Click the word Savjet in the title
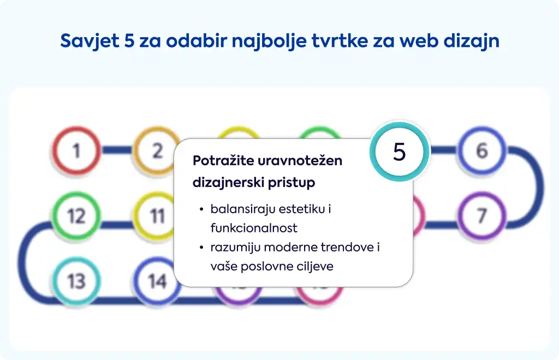pos(90,40)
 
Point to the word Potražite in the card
pos(223,160)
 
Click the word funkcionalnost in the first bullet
pos(254,228)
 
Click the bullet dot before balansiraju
pos(202,209)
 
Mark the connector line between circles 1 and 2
pos(117,150)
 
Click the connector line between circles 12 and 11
pos(117,225)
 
